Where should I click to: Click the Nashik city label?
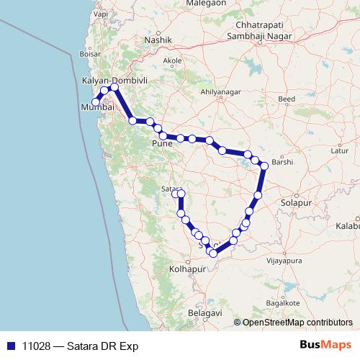pyautogui.click(x=158, y=40)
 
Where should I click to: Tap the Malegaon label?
pyautogui.click(x=206, y=4)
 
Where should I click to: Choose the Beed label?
pyautogui.click(x=287, y=98)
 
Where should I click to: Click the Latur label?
pyautogui.click(x=338, y=151)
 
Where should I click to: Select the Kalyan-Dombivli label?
pyautogui.click(x=115, y=81)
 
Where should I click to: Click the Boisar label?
pyautogui.click(x=89, y=53)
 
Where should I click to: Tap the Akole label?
pyautogui.click(x=173, y=61)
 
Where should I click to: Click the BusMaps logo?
pyautogui.click(x=325, y=346)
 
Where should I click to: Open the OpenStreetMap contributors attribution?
pyautogui.click(x=297, y=323)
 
